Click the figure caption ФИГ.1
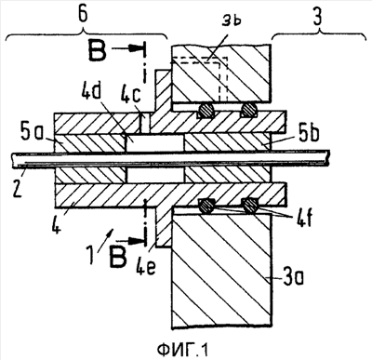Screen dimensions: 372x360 [183, 351]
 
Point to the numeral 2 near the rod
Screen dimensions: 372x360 [18, 188]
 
